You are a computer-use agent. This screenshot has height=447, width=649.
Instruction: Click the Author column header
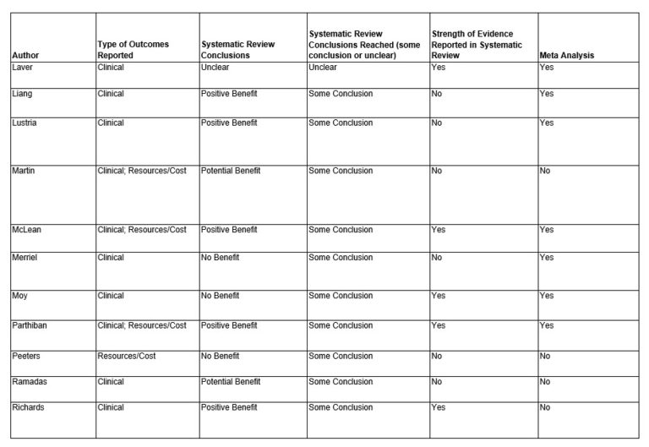tap(25, 56)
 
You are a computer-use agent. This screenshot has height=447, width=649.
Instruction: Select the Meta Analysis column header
tap(566, 56)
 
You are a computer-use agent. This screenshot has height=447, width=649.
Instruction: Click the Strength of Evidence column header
tap(477, 45)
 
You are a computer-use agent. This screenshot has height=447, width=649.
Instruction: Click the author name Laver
tap(23, 68)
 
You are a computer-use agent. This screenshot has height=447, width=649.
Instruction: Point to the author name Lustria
tap(26, 123)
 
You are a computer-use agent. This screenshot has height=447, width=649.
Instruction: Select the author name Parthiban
tap(30, 325)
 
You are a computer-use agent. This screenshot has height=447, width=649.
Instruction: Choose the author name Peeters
tap(27, 356)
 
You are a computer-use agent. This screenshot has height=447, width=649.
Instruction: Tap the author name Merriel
tap(26, 258)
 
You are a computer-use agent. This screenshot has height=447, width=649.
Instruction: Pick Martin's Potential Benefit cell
tap(231, 171)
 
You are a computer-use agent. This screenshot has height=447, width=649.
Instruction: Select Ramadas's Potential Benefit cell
tap(231, 382)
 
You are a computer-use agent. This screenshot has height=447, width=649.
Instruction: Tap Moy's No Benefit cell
tap(221, 296)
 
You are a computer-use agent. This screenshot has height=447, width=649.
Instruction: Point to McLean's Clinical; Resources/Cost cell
tap(142, 230)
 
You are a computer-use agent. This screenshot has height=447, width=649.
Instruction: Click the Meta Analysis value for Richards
tap(545, 407)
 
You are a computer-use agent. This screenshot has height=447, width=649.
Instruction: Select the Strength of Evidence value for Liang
tap(437, 93)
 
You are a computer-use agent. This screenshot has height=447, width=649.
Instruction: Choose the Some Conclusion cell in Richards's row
tap(341, 407)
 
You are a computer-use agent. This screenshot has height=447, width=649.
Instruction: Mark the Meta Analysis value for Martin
tap(545, 171)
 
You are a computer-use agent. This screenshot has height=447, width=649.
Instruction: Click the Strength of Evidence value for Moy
tap(439, 296)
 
